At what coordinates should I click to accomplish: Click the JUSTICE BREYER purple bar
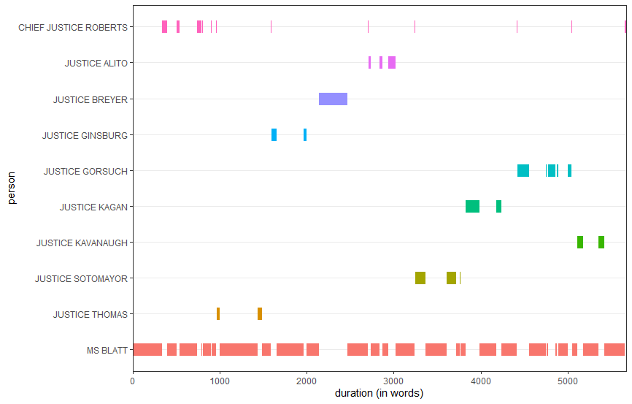(x=333, y=99)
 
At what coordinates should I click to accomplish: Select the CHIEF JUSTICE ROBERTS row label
(x=73, y=27)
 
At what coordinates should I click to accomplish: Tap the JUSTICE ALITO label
(x=96, y=64)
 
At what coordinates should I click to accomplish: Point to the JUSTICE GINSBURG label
(x=85, y=135)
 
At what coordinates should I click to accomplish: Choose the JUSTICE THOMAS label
(x=90, y=315)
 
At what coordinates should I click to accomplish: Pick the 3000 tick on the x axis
(x=393, y=381)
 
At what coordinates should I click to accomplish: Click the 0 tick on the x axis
(x=133, y=381)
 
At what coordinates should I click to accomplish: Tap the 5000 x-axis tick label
(x=567, y=381)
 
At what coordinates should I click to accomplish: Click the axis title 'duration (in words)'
(x=379, y=394)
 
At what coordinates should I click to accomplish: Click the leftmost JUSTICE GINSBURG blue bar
(x=274, y=135)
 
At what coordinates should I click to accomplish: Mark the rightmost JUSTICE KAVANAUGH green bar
(x=601, y=243)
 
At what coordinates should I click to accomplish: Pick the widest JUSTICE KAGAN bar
(x=472, y=207)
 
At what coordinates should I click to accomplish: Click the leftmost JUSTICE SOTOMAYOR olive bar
(x=420, y=278)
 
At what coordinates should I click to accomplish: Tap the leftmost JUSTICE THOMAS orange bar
(x=218, y=314)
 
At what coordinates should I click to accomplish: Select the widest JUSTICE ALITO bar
(x=392, y=63)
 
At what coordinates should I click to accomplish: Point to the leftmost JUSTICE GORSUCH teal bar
(x=523, y=171)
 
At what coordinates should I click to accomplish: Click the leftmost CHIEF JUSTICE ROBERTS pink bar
(x=164, y=27)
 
